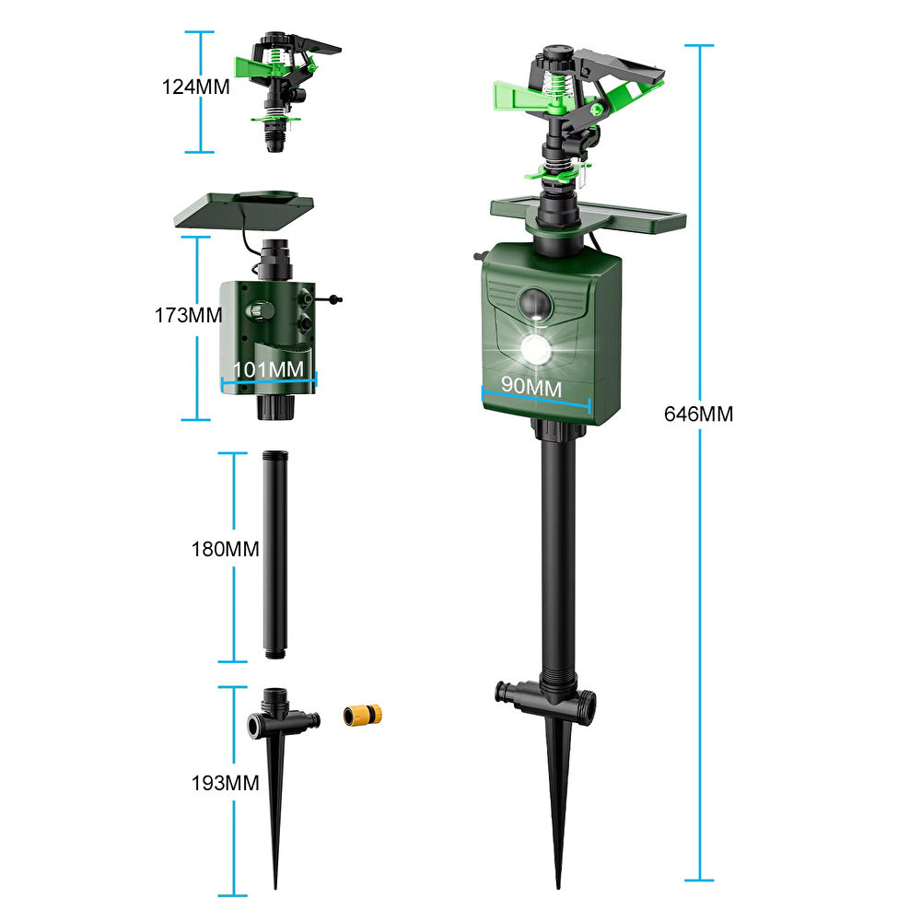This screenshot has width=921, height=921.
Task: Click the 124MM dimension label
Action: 195,87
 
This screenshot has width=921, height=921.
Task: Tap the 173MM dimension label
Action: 189,315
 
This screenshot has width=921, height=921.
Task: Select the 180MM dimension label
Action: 225,549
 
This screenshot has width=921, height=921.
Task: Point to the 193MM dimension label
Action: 225,783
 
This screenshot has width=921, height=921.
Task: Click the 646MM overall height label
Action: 698,414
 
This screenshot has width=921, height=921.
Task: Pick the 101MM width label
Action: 268,369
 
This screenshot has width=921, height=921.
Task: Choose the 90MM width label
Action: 531,387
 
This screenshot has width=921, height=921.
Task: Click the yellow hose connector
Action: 362,716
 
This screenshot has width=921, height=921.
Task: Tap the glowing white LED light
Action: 536,351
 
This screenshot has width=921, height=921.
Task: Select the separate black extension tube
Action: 274,554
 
